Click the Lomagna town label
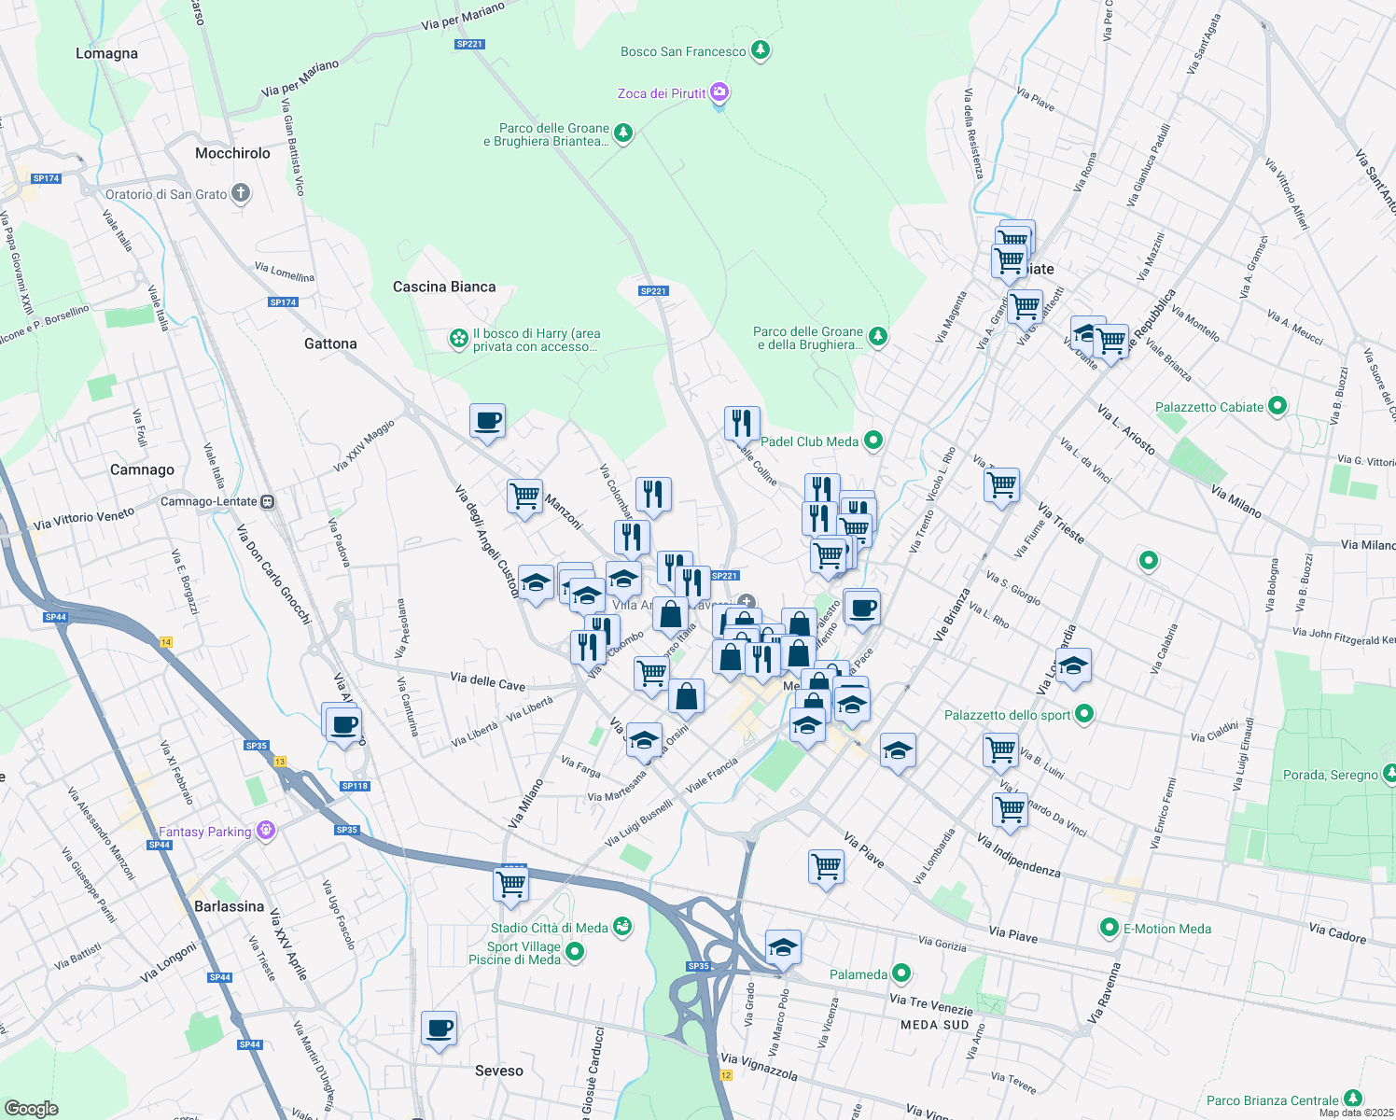[106, 54]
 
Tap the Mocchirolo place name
[232, 153]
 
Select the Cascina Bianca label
[444, 287]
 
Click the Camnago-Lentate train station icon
[268, 502]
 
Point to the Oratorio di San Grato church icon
[241, 194]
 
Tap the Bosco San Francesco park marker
[761, 50]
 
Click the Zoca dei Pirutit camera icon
[719, 92]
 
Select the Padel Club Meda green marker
[872, 441]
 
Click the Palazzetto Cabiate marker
[1277, 407]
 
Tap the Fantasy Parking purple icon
[266, 831]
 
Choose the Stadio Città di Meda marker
[622, 927]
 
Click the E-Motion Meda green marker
[1109, 928]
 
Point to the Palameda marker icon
[900, 974]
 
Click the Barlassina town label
[229, 906]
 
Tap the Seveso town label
[499, 1071]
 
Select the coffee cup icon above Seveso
[439, 1029]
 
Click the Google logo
[31, 1108]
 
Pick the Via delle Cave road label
[487, 681]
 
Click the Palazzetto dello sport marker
[1083, 715]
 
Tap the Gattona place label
[330, 343]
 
